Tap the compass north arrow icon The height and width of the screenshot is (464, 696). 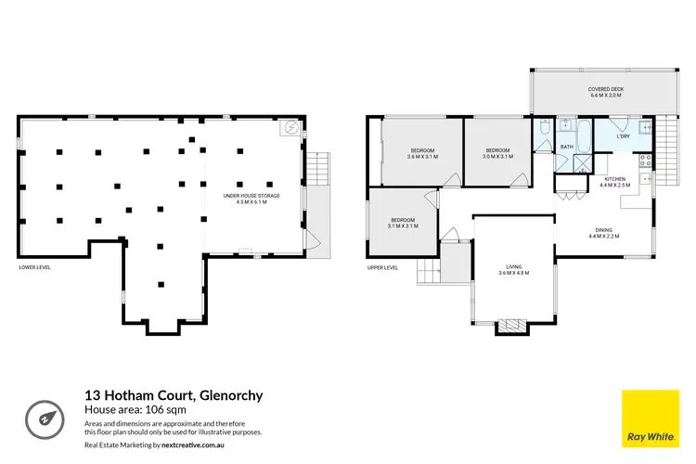(44, 417)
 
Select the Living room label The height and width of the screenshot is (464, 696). (512, 269)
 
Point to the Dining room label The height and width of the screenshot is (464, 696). (603, 233)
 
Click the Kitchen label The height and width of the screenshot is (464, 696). (615, 181)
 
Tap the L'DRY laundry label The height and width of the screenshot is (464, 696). (623, 137)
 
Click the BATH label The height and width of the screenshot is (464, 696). (566, 147)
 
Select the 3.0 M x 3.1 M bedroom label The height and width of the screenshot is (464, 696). (498, 153)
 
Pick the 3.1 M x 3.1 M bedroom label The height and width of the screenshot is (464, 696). (403, 223)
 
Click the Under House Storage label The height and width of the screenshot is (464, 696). (251, 199)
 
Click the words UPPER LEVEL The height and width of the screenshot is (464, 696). (383, 267)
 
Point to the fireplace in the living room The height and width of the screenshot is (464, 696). (512, 326)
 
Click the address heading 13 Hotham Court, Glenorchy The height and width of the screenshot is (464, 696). (174, 395)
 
